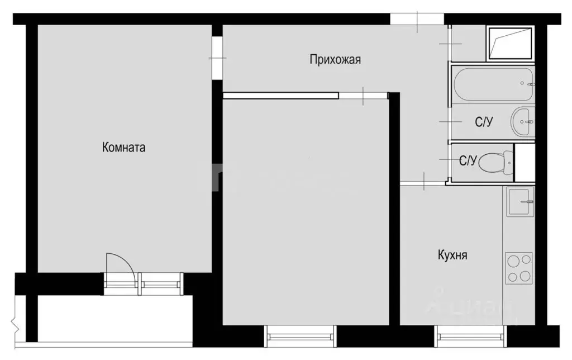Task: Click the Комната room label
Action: [x=123, y=148]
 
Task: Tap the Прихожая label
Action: [x=335, y=60]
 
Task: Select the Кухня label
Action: [x=452, y=255]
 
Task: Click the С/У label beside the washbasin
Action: [x=484, y=122]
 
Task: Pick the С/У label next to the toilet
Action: [x=468, y=161]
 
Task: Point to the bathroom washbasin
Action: [x=523, y=121]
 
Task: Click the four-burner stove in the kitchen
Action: [x=519, y=268]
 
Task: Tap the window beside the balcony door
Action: [x=162, y=281]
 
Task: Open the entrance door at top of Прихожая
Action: [x=417, y=20]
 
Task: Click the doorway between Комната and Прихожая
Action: [x=217, y=56]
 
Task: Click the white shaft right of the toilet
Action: [x=525, y=162]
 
